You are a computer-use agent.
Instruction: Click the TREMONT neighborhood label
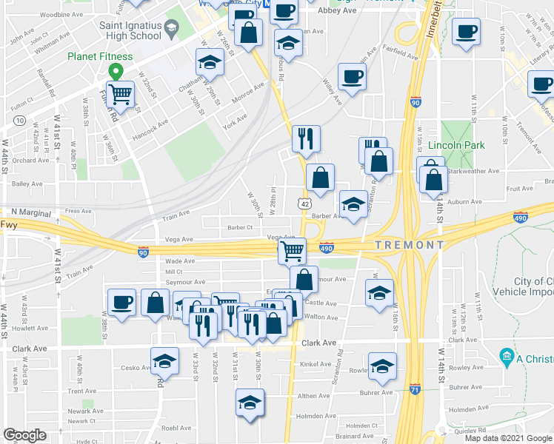409,245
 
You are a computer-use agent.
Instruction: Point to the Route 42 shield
305,202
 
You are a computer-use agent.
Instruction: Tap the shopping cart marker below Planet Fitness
120,94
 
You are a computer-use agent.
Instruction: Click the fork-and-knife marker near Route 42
305,138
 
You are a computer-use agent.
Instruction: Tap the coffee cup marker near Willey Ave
352,76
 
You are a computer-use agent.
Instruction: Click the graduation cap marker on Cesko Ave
164,360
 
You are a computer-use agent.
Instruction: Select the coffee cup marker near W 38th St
121,301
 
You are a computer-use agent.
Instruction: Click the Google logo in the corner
24,435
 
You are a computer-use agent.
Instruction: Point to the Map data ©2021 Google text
507,438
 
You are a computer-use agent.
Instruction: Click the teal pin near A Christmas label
507,357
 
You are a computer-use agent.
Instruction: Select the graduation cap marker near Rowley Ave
382,366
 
